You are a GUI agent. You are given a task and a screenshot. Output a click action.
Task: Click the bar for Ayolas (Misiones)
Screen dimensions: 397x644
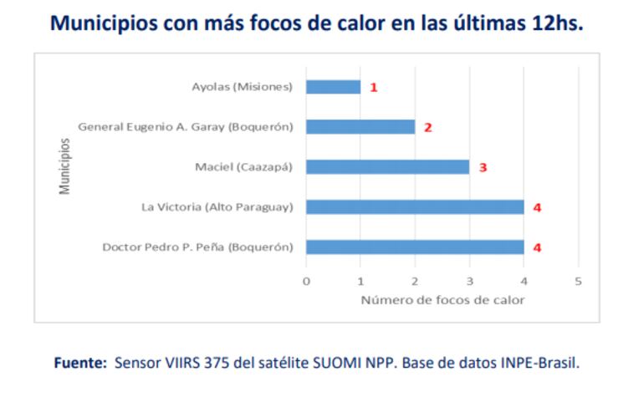click(333, 87)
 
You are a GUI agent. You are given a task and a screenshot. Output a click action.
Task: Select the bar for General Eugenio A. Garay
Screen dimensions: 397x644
click(360, 127)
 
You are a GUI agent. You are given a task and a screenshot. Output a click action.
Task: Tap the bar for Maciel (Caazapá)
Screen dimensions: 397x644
click(387, 167)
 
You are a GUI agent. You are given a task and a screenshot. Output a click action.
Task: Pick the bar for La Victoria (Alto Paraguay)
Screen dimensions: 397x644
click(415, 206)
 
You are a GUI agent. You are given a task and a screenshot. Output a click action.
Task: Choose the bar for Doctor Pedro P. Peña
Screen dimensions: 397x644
click(415, 247)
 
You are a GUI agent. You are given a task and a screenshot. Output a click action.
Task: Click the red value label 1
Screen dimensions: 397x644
click(374, 87)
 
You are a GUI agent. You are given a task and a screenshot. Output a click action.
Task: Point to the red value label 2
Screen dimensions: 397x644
click(427, 128)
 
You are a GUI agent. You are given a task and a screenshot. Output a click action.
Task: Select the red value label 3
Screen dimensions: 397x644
click(483, 167)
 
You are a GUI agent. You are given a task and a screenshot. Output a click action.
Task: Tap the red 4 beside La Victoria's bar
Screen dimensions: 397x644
click(537, 206)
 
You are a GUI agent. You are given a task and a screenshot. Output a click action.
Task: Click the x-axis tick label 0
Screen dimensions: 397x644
click(306, 281)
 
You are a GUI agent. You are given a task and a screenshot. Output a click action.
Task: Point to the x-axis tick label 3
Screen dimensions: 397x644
click(469, 281)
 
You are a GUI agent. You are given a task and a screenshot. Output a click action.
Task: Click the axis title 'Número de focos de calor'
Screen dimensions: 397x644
click(442, 300)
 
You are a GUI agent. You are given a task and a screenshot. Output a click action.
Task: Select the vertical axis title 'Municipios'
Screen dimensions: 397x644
click(64, 166)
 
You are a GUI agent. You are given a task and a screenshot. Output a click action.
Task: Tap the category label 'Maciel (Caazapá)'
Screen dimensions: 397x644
click(243, 167)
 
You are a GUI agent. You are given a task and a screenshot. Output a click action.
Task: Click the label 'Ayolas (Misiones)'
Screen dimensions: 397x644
click(242, 87)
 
